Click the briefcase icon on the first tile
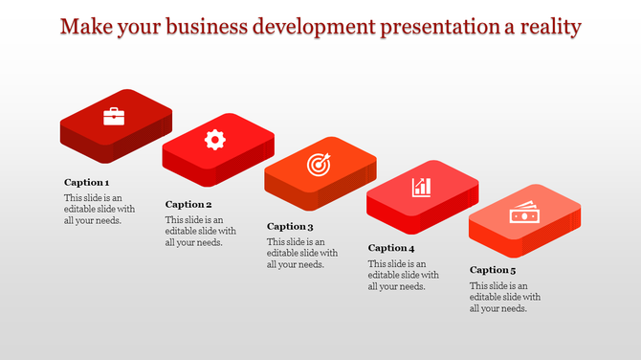(x=114, y=117)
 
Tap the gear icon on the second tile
(x=215, y=140)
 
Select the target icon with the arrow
(x=319, y=165)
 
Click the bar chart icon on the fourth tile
(x=421, y=187)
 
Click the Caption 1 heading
(x=87, y=182)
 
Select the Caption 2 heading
(x=188, y=204)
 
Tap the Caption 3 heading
(x=290, y=227)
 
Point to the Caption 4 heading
(x=391, y=248)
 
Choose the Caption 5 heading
(x=493, y=270)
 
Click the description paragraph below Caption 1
(x=99, y=209)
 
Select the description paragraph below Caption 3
(x=302, y=254)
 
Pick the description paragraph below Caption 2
(x=201, y=231)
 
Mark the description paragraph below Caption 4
(x=404, y=275)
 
